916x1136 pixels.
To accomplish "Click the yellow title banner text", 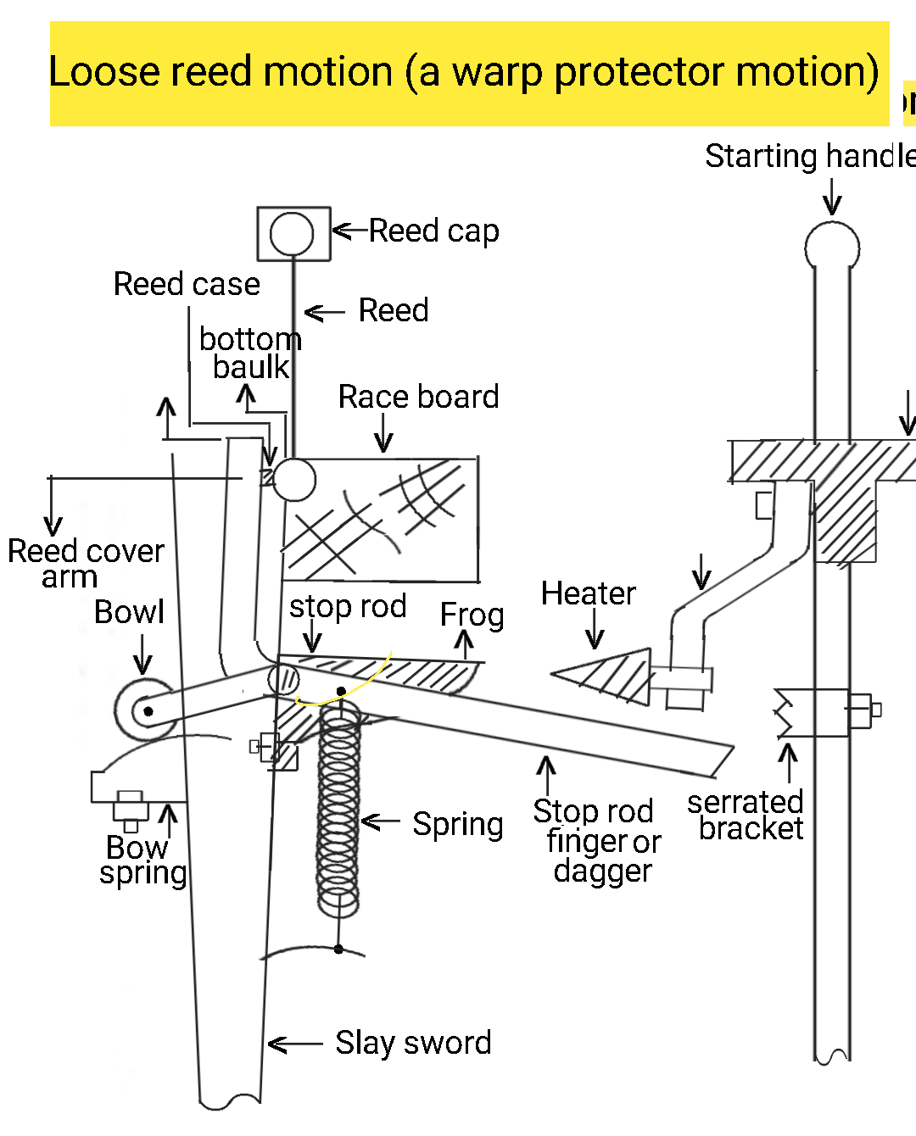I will point(463,73).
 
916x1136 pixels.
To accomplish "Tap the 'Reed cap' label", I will point(433,231).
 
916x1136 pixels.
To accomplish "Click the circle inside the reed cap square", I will point(292,233).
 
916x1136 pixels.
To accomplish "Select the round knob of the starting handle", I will point(831,247).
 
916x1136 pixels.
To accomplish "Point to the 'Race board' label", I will point(418,397).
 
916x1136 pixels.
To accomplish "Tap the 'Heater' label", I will point(588,593).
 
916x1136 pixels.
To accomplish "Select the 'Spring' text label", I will point(457,824).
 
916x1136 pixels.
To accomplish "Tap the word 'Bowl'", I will point(129,612).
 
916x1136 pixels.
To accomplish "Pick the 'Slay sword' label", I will point(413,1043).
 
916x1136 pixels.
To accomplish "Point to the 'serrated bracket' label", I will point(746,815).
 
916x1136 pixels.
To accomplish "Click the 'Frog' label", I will point(472,615).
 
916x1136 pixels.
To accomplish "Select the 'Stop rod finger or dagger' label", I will point(597,841).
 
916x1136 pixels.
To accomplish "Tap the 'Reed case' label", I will point(187,284).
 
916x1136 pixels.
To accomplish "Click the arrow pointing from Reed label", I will point(324,313).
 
